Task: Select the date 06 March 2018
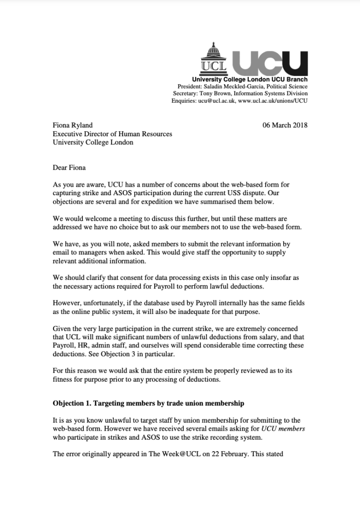285,125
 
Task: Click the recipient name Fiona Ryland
73,125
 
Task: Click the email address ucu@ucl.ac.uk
216,100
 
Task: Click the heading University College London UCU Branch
250,79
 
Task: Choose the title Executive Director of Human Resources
112,134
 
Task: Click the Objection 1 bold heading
148,403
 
